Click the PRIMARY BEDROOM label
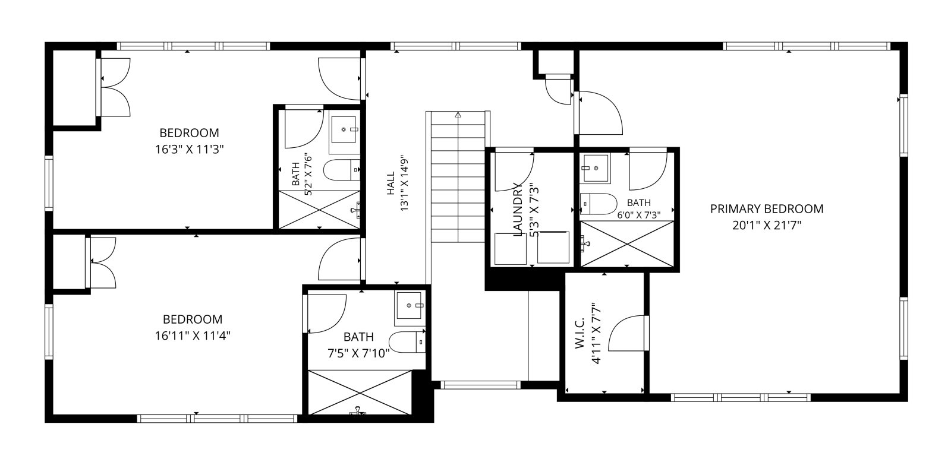[x=767, y=208]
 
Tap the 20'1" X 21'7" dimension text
[x=767, y=225]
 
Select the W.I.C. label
[x=580, y=334]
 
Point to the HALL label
[x=391, y=183]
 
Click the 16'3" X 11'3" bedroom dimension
[x=190, y=149]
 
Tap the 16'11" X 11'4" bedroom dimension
[x=193, y=336]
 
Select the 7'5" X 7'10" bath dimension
[x=359, y=353]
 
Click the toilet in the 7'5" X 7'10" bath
[x=407, y=342]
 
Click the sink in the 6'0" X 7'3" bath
[x=596, y=169]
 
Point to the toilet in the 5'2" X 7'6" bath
[x=342, y=170]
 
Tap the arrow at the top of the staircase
[x=458, y=115]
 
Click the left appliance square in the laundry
[x=511, y=249]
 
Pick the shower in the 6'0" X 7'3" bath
[x=627, y=245]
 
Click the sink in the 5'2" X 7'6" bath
[x=344, y=130]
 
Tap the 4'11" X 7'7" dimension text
[x=597, y=334]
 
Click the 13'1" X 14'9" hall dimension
[x=404, y=183]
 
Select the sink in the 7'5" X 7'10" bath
[x=410, y=305]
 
